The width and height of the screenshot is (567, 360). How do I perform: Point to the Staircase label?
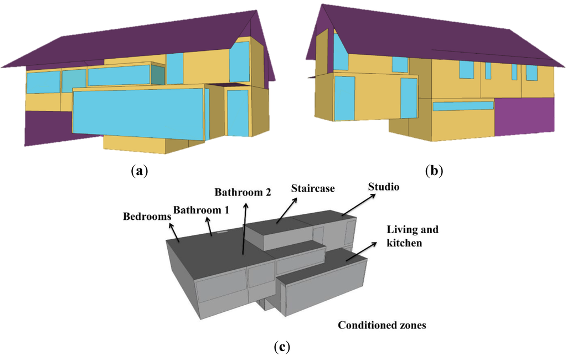(313, 188)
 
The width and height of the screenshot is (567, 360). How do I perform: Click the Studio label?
(384, 187)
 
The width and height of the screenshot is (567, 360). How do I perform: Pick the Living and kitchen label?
(412, 236)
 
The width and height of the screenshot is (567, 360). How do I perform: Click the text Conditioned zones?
(382, 325)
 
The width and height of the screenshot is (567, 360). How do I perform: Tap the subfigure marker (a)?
(138, 171)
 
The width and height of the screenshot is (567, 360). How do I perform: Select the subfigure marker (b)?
(434, 171)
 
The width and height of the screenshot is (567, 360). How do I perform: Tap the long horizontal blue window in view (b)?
(462, 106)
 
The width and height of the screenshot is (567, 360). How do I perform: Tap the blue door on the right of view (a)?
(238, 112)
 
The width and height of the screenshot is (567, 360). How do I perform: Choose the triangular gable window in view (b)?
(339, 53)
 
